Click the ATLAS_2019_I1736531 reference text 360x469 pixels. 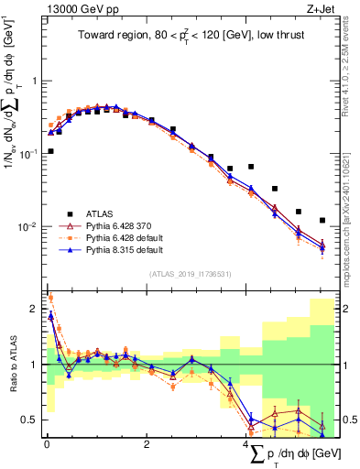click(191, 273)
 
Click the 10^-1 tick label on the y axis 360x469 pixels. click(30, 154)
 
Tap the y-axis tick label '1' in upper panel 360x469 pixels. click(36, 81)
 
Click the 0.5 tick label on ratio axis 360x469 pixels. click(30, 420)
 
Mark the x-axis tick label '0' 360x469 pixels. click(46, 444)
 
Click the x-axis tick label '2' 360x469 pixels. click(147, 444)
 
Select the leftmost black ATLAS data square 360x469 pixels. click(50, 151)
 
